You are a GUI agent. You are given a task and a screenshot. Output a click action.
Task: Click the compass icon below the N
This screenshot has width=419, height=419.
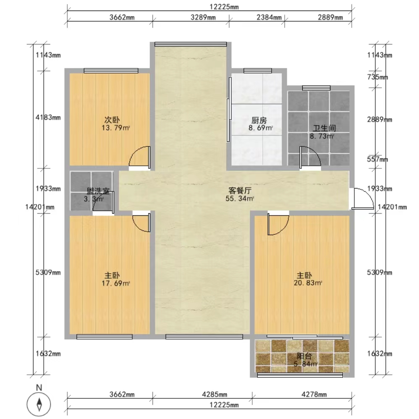[39, 404]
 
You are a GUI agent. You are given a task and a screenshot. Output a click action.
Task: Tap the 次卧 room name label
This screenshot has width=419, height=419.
[112, 120]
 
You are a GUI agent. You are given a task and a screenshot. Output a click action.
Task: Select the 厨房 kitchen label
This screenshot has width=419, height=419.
[259, 120]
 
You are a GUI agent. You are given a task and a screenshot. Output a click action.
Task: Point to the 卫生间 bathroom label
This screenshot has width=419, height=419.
[324, 128]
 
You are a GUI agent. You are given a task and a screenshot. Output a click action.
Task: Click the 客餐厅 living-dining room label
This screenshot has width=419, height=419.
[240, 191]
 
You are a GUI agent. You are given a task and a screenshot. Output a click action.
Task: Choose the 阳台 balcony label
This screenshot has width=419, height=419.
[304, 356]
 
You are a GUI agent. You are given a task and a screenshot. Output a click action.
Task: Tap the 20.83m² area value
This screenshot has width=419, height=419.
[308, 283]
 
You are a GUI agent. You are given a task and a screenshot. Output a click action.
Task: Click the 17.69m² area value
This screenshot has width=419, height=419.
[116, 283]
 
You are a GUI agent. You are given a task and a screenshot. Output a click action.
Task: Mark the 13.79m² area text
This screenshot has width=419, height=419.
[116, 128]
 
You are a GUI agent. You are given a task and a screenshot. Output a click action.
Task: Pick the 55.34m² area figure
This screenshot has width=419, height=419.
[240, 199]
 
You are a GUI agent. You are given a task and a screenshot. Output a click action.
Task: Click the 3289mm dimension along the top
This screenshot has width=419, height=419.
[203, 17]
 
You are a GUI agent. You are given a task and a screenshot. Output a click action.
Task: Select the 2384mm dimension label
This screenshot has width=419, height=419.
[269, 17]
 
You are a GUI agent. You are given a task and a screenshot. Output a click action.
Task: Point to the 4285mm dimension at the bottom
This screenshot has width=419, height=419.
[215, 394]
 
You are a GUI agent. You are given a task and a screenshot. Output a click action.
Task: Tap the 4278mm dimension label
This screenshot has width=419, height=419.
[314, 394]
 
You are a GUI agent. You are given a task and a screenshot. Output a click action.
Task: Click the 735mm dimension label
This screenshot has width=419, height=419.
[377, 77]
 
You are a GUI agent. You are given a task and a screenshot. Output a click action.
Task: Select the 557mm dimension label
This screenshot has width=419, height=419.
[377, 160]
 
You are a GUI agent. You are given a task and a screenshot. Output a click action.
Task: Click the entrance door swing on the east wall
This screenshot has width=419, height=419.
[362, 198]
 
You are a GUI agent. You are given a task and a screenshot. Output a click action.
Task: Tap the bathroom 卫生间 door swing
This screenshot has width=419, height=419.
[310, 158]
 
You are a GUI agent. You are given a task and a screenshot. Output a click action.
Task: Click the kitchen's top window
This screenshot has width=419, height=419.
[258, 71]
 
